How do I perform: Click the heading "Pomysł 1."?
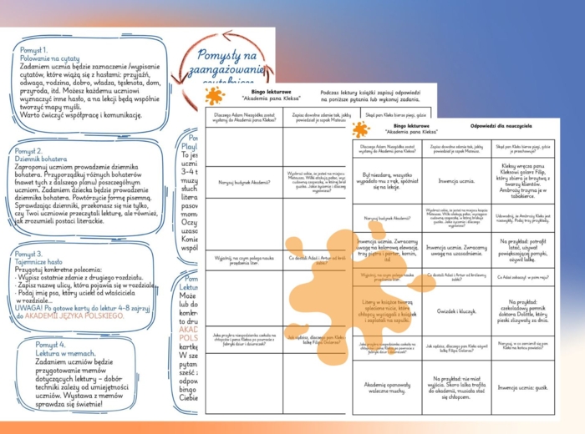click(x=38, y=50)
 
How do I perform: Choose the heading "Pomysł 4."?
click(x=50, y=344)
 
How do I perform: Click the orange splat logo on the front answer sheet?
click(x=361, y=129)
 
